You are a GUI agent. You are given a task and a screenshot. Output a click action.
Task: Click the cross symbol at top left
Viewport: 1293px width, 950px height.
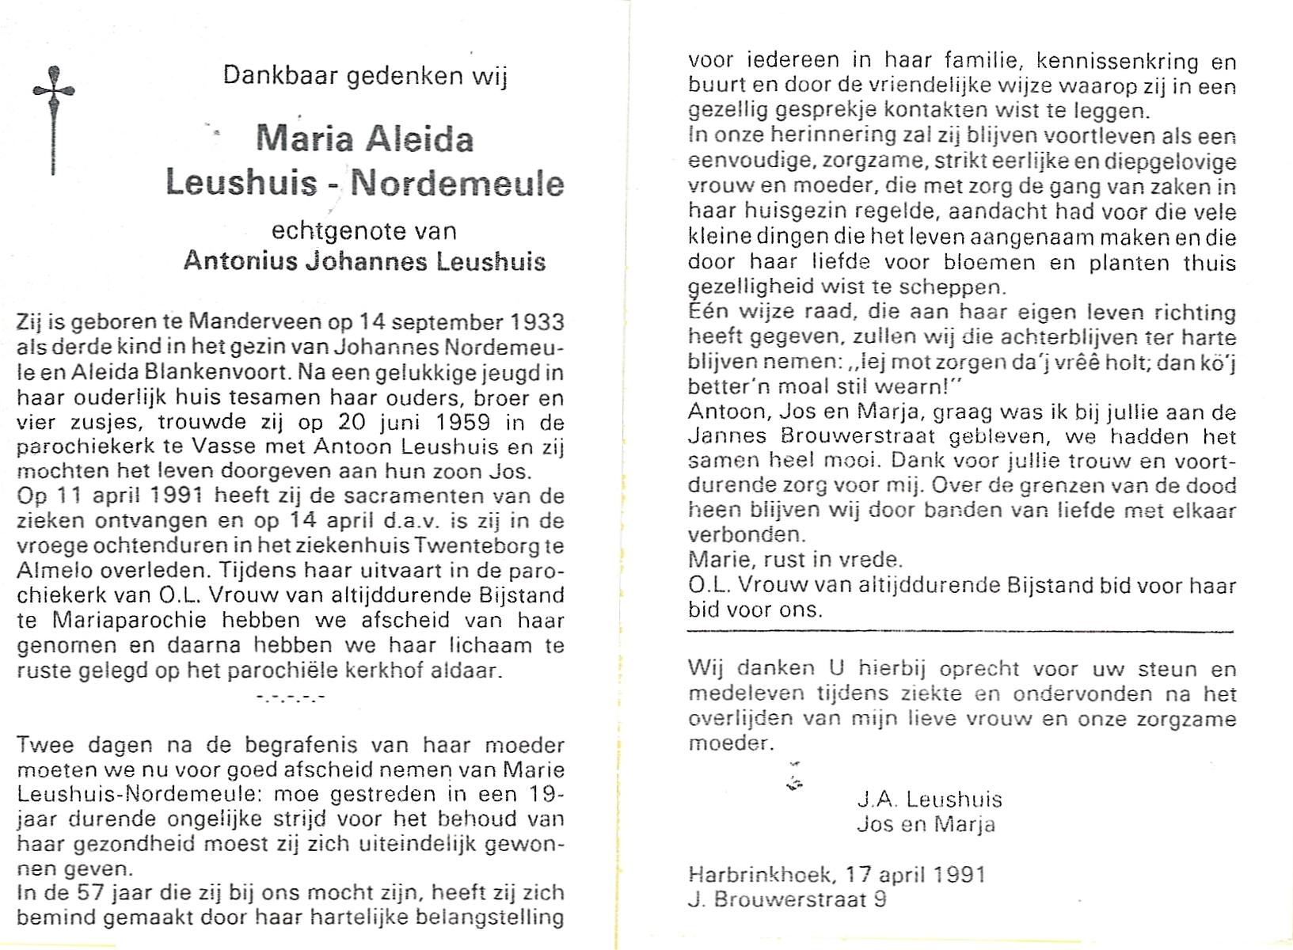pyautogui.click(x=54, y=119)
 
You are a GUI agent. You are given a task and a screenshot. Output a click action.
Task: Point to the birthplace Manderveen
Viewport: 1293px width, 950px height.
pyautogui.click(x=255, y=323)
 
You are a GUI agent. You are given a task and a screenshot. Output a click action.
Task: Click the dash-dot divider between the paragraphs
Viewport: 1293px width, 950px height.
pyautogui.click(x=291, y=698)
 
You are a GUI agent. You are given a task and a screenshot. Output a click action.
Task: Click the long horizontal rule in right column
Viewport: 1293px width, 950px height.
pyautogui.click(x=960, y=632)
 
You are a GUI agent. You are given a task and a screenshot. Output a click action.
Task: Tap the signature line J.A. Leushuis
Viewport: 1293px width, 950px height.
pyautogui.click(x=930, y=800)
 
